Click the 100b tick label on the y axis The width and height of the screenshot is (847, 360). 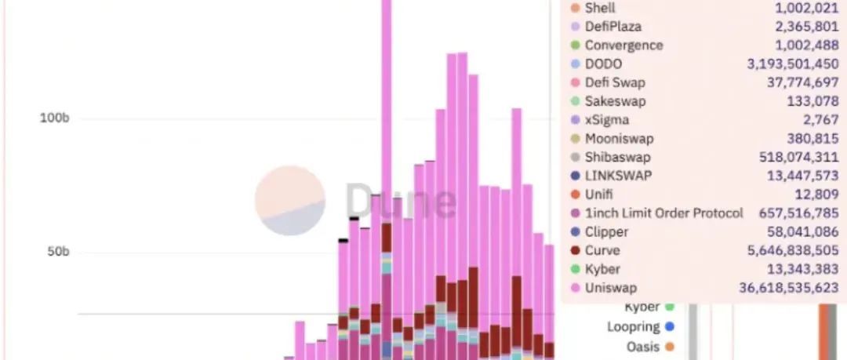coord(55,118)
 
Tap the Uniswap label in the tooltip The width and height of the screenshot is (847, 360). coord(610,288)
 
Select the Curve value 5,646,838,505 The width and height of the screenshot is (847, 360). coord(787,251)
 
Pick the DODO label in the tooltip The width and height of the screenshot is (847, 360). coord(603,64)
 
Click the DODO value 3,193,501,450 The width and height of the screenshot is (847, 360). coord(793,64)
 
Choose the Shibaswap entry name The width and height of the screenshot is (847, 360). coord(617,157)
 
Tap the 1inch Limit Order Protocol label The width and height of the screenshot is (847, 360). coord(663,213)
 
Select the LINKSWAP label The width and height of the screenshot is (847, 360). coord(618,176)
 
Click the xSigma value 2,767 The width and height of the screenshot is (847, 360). coord(821,120)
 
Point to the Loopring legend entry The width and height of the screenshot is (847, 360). coord(633,326)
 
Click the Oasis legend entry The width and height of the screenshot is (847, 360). coord(642,345)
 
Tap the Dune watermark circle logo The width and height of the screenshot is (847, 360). coord(289,201)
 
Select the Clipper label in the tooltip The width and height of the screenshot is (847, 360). coord(606,232)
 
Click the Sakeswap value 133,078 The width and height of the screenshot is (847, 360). coord(812,101)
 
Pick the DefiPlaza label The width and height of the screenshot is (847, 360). coord(613,27)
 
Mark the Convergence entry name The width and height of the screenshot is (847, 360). coord(623,45)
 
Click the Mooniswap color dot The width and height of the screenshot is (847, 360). coord(575,139)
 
